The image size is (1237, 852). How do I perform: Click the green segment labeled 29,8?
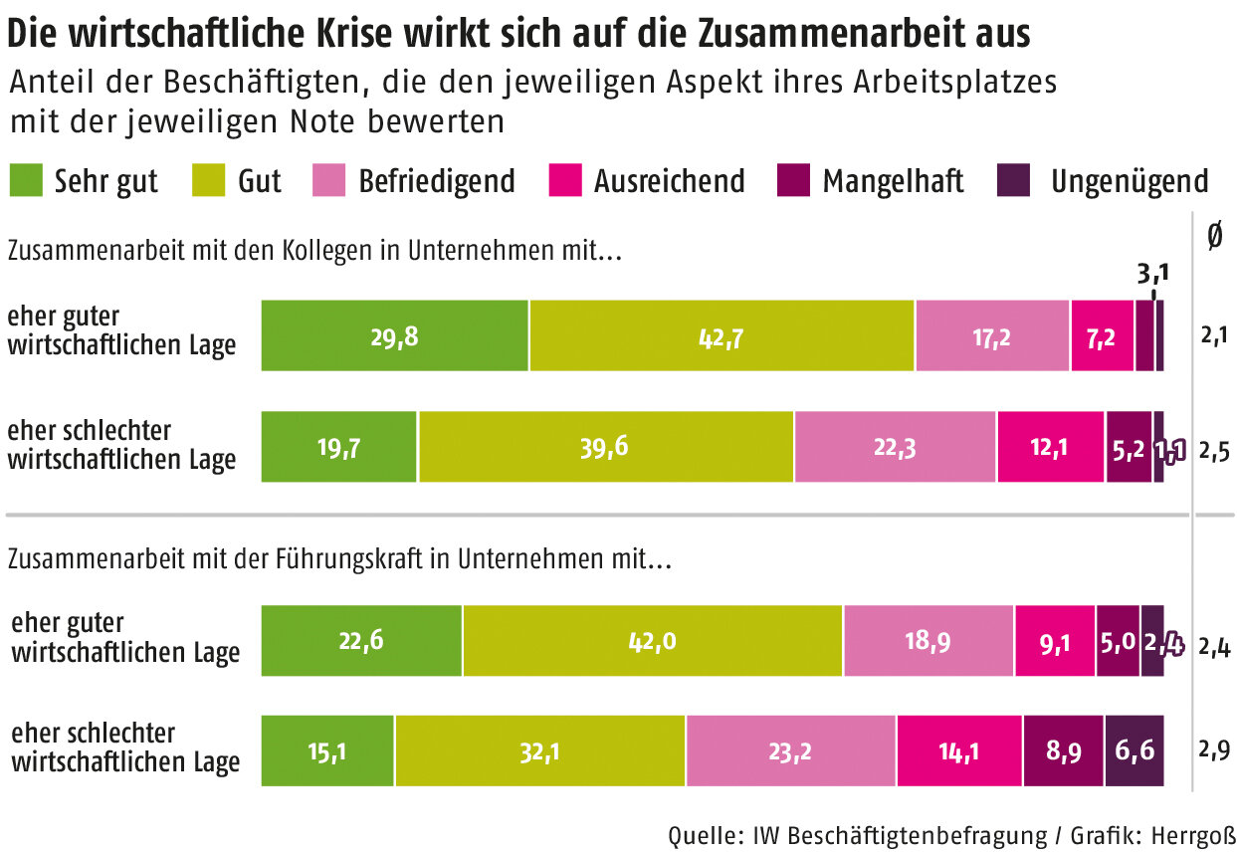click(394, 335)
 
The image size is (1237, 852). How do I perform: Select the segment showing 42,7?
click(722, 335)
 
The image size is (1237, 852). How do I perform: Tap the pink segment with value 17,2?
click(992, 335)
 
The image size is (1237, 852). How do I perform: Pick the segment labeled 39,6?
click(606, 447)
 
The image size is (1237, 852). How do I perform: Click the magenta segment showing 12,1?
click(1050, 447)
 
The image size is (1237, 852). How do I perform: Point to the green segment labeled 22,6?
click(361, 641)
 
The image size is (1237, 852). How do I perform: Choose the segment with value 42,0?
click(653, 641)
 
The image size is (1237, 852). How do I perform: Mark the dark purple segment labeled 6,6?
click(1134, 750)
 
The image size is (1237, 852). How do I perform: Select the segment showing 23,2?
click(790, 750)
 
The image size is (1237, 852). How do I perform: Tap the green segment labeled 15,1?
click(327, 750)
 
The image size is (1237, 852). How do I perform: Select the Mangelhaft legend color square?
click(791, 180)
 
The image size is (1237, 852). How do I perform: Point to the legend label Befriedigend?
click(436, 181)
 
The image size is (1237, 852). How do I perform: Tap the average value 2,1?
click(1214, 335)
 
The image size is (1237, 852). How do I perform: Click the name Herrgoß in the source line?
click(1184, 834)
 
